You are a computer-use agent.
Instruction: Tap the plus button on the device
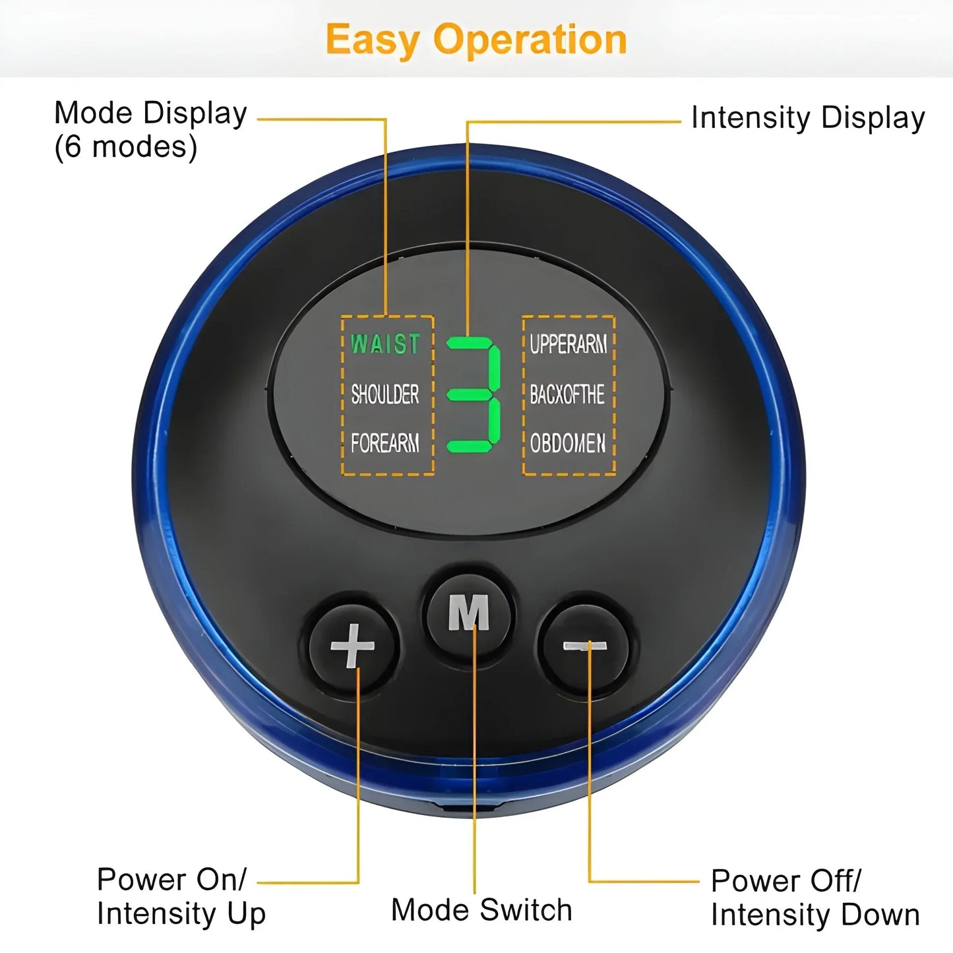pyautogui.click(x=354, y=645)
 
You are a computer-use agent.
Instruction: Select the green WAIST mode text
pyautogui.click(x=385, y=344)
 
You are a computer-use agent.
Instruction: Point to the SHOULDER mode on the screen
pyautogui.click(x=385, y=394)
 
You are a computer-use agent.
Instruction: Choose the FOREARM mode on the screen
pyautogui.click(x=385, y=443)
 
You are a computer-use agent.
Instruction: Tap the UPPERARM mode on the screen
pyautogui.click(x=568, y=344)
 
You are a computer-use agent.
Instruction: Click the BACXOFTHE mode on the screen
pyautogui.click(x=567, y=394)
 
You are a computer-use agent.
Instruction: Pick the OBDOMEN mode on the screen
pyautogui.click(x=568, y=443)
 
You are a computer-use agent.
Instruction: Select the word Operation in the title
pyautogui.click(x=530, y=40)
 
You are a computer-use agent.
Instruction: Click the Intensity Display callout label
pyautogui.click(x=808, y=119)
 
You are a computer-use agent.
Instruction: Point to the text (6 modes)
pyautogui.click(x=125, y=146)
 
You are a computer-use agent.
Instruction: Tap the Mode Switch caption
pyautogui.click(x=481, y=910)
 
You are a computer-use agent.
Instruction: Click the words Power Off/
pyautogui.click(x=786, y=881)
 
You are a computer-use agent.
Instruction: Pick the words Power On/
pyautogui.click(x=171, y=879)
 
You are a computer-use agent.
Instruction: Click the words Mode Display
pyautogui.click(x=150, y=113)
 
